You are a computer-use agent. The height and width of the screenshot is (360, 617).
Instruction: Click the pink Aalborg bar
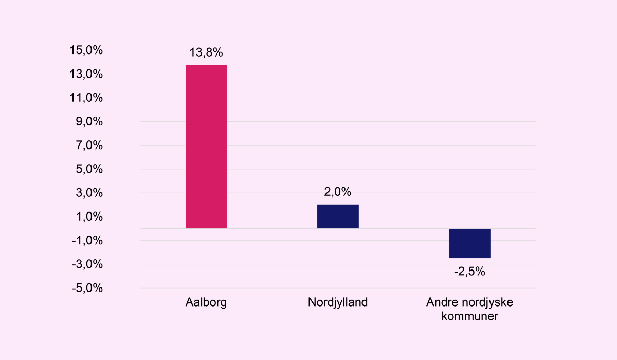[x=206, y=147]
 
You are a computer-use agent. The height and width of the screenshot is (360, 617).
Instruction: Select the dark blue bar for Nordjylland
[x=338, y=217]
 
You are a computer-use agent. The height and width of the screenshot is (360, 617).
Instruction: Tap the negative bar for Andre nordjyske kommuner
[x=469, y=243]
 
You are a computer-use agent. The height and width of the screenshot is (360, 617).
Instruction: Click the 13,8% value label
[x=206, y=52]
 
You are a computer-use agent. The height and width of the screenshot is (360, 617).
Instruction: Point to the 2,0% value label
[x=338, y=192]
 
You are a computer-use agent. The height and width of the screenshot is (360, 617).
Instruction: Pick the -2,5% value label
[x=469, y=272]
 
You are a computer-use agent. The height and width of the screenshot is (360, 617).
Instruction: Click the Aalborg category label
[x=206, y=302]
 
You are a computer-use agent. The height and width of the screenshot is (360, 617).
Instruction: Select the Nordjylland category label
[x=338, y=302]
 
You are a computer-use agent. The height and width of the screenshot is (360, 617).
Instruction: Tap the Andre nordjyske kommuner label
[x=469, y=309]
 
